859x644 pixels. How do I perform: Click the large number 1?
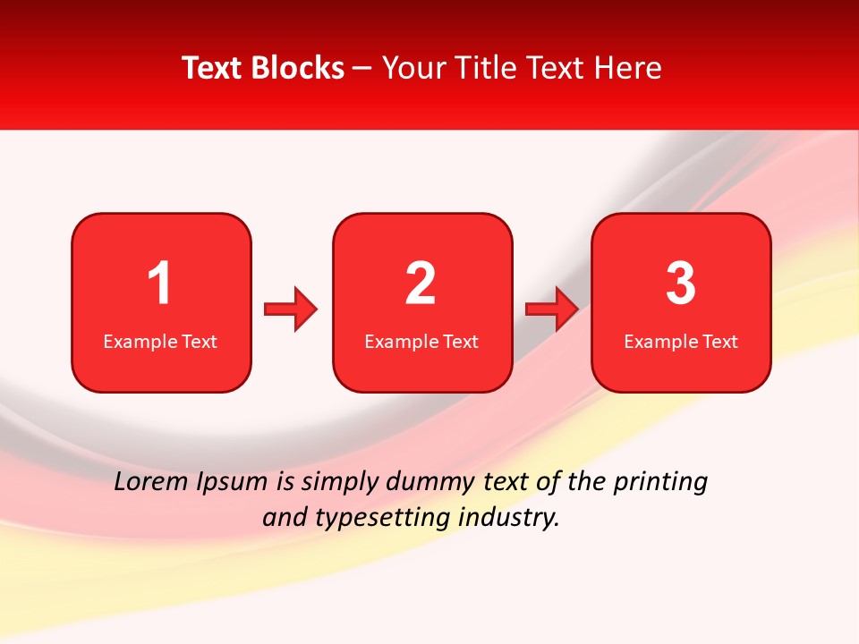point(160,284)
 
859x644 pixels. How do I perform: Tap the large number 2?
point(421,284)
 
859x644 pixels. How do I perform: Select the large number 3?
point(680,284)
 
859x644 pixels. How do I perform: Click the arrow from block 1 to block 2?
point(291,309)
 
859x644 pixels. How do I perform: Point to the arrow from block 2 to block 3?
point(552,309)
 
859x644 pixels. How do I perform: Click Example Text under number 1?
point(160,342)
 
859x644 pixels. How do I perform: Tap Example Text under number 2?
point(421,342)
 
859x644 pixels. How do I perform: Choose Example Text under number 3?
point(681,342)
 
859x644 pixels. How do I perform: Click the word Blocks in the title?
point(297,68)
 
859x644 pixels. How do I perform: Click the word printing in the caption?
point(659,483)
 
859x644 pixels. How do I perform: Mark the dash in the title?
point(362,69)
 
